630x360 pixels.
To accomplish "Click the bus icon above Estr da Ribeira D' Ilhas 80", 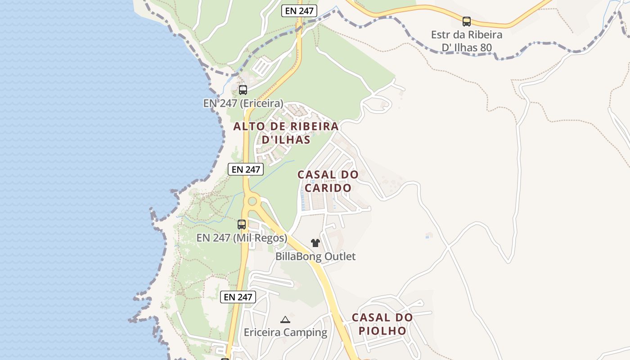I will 467,21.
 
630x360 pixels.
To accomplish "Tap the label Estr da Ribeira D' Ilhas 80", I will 467,41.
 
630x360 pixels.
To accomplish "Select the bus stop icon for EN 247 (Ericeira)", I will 243,90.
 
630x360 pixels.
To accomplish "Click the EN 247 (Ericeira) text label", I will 243,103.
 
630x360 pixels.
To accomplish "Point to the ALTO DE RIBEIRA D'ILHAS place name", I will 286,133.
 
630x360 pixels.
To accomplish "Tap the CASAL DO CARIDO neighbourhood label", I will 328,181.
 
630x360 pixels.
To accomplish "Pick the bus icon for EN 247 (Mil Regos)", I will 242,224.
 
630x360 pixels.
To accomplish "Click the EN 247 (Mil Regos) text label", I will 242,238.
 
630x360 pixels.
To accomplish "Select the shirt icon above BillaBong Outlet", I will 315,243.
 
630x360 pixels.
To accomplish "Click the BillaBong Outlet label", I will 315,256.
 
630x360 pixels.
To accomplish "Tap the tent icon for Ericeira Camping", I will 285,319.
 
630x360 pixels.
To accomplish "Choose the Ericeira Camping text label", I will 285,333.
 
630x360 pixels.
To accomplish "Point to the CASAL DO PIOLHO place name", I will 382,324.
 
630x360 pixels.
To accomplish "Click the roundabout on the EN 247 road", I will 252,201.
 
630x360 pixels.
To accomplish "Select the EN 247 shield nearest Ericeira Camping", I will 238,297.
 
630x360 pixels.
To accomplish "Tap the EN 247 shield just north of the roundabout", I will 245,169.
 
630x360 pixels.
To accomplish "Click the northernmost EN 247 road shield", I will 299,11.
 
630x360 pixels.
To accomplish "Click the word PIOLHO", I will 382,331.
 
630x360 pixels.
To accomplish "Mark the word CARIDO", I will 328,188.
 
